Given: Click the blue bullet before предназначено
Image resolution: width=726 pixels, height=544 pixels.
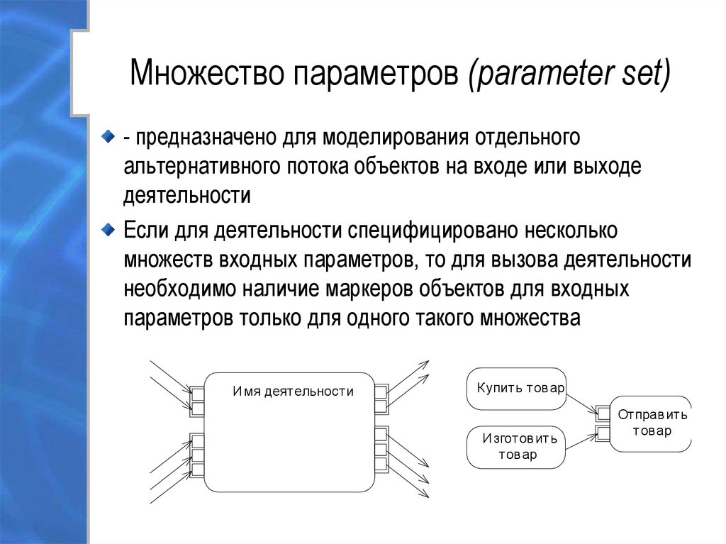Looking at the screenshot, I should (x=106, y=135).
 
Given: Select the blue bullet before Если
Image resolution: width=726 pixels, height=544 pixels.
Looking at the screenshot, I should (x=106, y=228).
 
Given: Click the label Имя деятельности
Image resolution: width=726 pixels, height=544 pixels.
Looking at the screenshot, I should (x=293, y=391).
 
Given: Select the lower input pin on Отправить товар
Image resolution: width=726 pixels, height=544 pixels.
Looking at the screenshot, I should (x=603, y=432).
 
